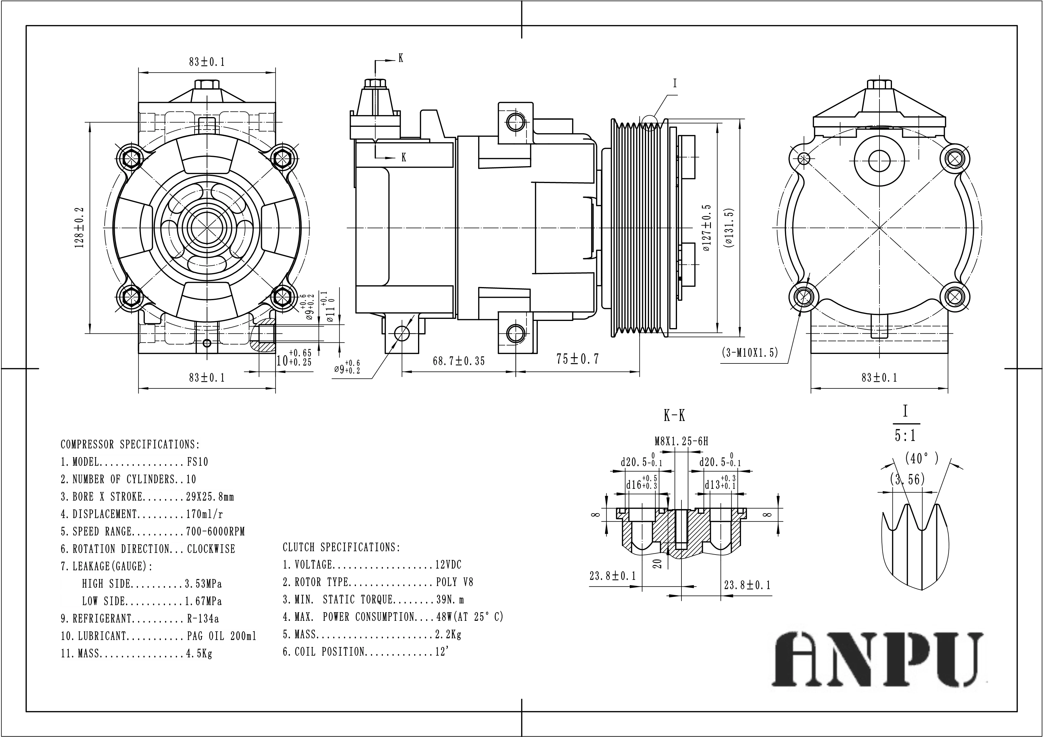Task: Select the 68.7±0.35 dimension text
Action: (x=459, y=361)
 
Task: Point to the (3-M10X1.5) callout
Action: (x=750, y=352)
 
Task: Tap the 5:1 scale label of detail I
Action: (x=905, y=436)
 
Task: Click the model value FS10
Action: (x=198, y=462)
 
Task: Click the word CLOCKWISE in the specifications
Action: (x=211, y=549)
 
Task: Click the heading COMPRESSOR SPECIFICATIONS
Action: (x=130, y=444)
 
